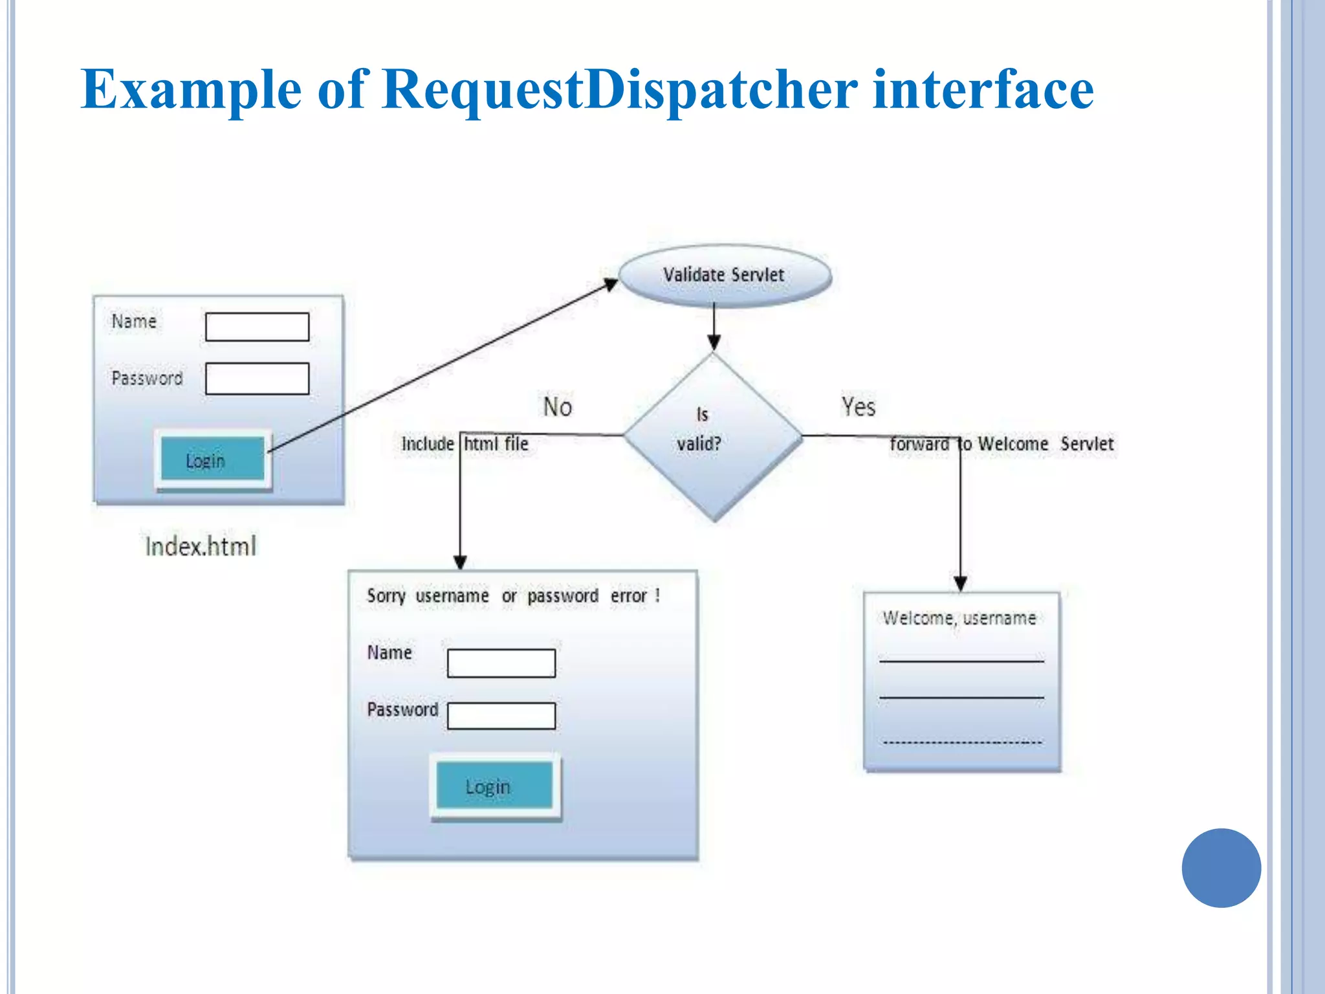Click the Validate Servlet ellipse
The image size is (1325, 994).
(725, 275)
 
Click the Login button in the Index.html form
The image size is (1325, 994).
(213, 459)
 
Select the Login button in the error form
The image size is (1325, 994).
(494, 786)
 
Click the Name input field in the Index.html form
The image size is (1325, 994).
(257, 327)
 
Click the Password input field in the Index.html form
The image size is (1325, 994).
(257, 379)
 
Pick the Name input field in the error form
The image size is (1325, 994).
(501, 663)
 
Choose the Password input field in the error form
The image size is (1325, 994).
(501, 716)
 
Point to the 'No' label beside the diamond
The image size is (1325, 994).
(557, 407)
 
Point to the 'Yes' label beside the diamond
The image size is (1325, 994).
(858, 407)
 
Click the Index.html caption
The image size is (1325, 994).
(201, 546)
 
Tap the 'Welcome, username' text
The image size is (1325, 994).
(959, 618)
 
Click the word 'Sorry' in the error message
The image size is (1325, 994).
(386, 595)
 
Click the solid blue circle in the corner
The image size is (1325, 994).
(1221, 868)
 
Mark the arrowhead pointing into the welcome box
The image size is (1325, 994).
(961, 583)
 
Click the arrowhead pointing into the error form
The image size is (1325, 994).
(460, 562)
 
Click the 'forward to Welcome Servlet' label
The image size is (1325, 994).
(1002, 444)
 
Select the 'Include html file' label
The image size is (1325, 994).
(465, 444)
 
